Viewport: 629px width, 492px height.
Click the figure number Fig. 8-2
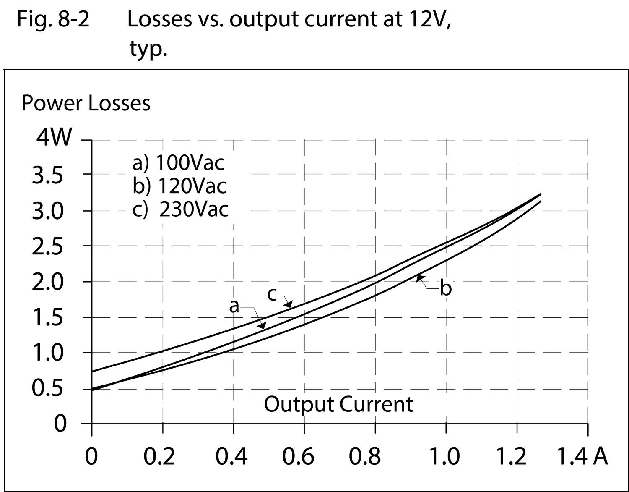click(53, 19)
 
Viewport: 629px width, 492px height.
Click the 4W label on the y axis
click(54, 137)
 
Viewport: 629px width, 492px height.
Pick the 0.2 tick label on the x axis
click(159, 456)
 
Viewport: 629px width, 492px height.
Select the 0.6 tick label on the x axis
click(298, 456)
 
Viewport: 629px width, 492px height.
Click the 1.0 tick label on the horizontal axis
click(445, 456)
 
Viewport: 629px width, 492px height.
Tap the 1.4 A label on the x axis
click(582, 456)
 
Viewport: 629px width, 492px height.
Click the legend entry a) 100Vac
click(178, 163)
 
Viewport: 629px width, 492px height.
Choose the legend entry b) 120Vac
click(179, 186)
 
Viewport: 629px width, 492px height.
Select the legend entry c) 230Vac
click(180, 209)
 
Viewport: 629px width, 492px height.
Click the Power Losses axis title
click(86, 103)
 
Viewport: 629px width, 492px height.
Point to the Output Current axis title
click(338, 404)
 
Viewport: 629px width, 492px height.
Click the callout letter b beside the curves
click(446, 289)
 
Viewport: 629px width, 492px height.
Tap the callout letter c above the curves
click(272, 295)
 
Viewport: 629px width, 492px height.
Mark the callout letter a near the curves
click(234, 307)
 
